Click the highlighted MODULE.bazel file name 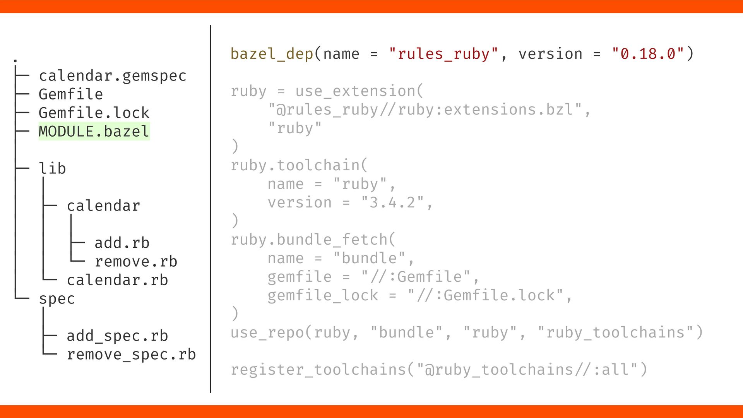tap(94, 132)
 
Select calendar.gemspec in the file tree tap(113, 76)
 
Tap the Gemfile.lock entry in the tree tap(94, 113)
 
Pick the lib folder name tap(52, 169)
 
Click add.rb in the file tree tap(122, 243)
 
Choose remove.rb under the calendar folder tap(136, 262)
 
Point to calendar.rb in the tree tap(117, 280)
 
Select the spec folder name tap(57, 299)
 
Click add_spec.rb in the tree tap(117, 336)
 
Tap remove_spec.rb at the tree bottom tap(131, 355)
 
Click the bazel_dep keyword tap(272, 54)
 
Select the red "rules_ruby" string tap(444, 54)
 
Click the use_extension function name tap(355, 91)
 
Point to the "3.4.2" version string tap(392, 203)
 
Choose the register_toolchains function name tap(318, 370)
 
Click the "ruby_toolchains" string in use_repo tap(615, 333)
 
